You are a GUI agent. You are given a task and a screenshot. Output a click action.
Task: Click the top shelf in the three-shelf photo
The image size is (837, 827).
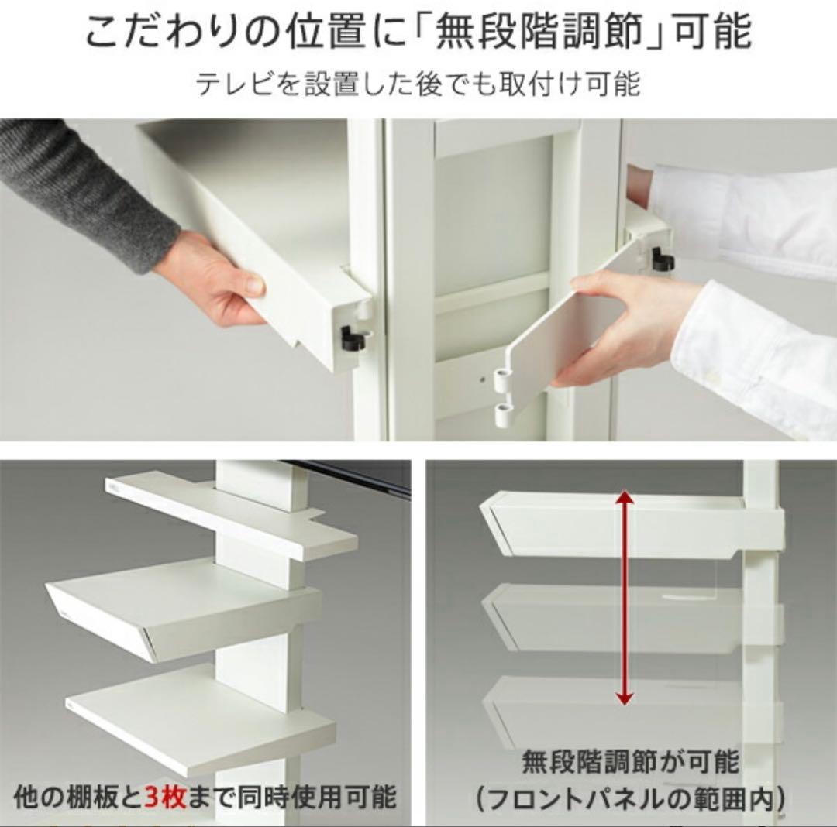(x=232, y=515)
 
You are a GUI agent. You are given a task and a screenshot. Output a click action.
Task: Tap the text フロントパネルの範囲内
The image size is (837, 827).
(x=630, y=798)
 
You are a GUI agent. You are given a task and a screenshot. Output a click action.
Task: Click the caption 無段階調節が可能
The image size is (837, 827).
(x=630, y=763)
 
